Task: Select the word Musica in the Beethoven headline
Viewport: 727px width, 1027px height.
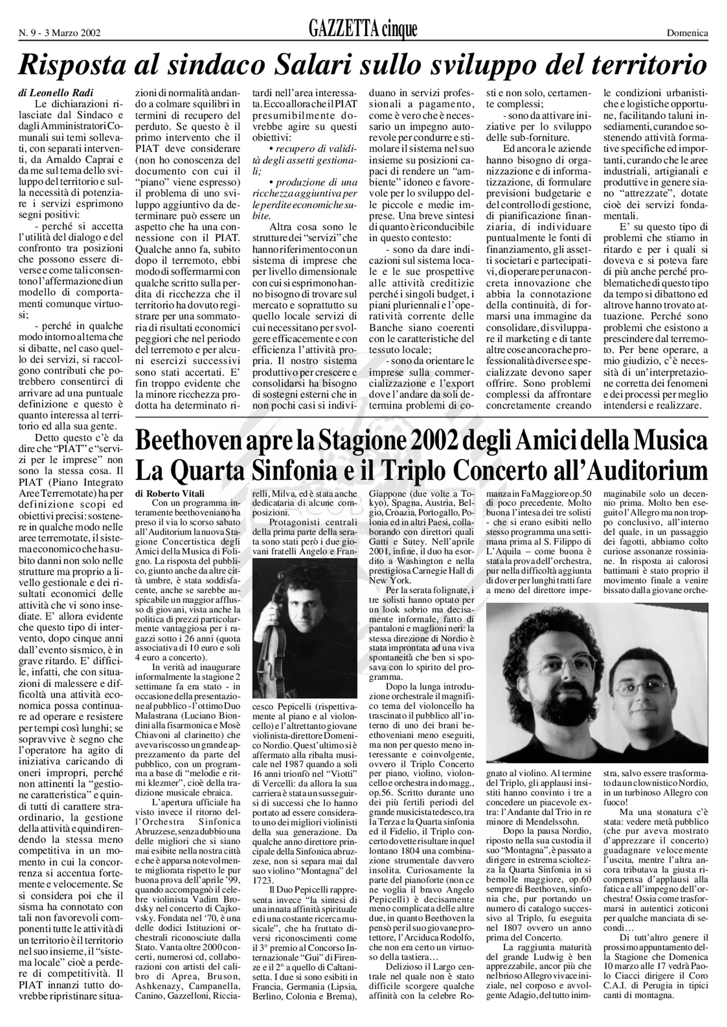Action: [669, 441]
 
